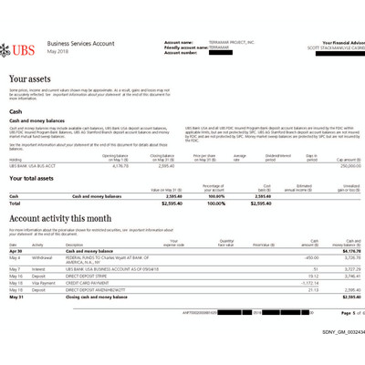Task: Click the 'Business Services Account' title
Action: point(80,43)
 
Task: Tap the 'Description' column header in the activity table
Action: point(73,244)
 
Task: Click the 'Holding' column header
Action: point(16,158)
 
